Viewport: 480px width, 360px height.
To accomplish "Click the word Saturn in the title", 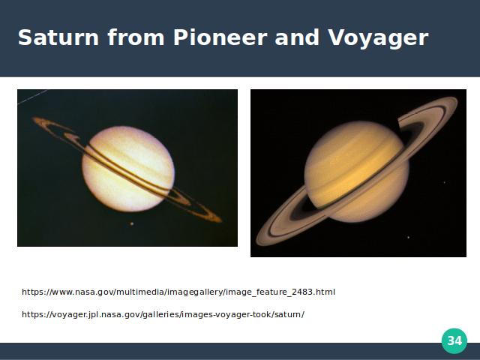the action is (x=58, y=37).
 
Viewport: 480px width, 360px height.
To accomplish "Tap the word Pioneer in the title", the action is (x=220, y=37).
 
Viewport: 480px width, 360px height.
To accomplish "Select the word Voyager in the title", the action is (x=378, y=39).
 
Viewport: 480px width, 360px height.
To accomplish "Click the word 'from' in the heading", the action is (x=136, y=37).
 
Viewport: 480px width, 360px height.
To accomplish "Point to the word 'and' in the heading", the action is (x=297, y=37).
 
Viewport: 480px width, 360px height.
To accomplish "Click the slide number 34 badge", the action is (x=454, y=340).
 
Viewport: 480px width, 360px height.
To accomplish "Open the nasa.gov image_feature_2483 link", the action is (x=178, y=292).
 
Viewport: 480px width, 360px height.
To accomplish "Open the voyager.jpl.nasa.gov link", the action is (x=163, y=314).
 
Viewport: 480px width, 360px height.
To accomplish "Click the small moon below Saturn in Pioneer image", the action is (x=132, y=223).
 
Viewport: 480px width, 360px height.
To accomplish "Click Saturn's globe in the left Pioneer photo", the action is (x=128, y=169).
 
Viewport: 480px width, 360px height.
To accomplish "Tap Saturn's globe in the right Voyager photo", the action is (x=357, y=172).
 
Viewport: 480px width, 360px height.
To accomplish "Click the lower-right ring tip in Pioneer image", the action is (x=219, y=220).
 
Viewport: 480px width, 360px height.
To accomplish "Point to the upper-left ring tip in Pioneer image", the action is (x=35, y=119).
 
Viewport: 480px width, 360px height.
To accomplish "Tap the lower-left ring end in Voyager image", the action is (x=259, y=241).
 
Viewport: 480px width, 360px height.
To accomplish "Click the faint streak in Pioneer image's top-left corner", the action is (x=32, y=97).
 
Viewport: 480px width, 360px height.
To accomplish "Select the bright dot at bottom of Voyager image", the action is (x=408, y=237).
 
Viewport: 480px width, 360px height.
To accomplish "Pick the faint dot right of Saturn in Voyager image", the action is (x=445, y=182).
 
